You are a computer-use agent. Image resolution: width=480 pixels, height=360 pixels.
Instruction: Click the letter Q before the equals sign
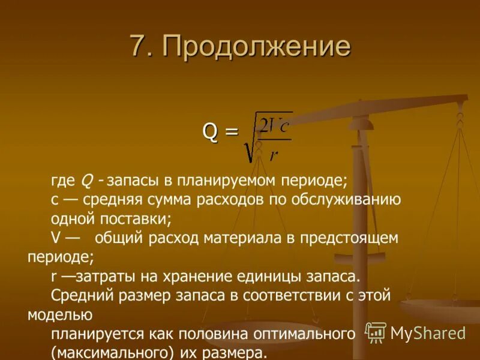(x=211, y=131)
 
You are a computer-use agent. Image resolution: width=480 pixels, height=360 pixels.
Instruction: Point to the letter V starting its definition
(x=55, y=238)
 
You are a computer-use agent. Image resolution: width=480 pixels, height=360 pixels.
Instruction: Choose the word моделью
(x=59, y=314)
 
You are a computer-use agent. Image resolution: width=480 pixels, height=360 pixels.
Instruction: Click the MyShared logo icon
(x=375, y=332)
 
